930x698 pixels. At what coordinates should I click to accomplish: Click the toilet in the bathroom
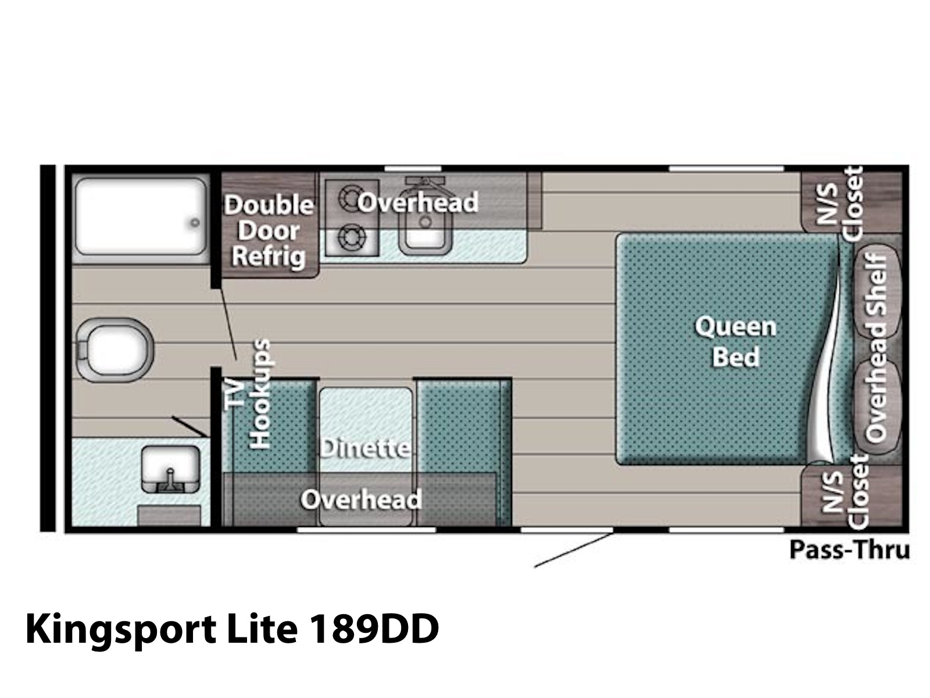(115, 349)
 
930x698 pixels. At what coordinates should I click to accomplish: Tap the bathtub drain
(195, 223)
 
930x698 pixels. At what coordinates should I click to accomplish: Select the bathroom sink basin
(170, 469)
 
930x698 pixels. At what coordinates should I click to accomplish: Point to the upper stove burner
(351, 198)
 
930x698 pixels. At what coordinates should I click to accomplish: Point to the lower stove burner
(351, 238)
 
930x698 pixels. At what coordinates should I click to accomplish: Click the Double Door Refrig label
(269, 230)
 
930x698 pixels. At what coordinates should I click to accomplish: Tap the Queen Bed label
(735, 341)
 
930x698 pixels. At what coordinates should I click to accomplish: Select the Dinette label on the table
(365, 448)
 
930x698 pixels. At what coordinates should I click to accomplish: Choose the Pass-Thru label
(850, 550)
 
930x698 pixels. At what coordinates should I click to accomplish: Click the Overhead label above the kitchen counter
(418, 202)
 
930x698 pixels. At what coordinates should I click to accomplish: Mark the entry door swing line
(574, 550)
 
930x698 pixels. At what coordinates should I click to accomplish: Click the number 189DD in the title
(375, 629)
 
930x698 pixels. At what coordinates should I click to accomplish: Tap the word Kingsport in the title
(121, 631)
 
